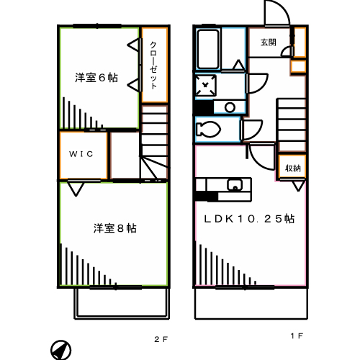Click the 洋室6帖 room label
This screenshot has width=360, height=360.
(96, 78)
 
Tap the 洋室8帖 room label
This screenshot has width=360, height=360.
(114, 228)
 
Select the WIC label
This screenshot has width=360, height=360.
(81, 154)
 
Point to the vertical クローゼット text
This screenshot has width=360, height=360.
(153, 65)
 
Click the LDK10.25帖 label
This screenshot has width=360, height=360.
(248, 218)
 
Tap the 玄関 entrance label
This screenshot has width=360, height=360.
(268, 42)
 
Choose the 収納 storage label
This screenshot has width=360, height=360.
(292, 168)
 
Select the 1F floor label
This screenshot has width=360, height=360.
(296, 336)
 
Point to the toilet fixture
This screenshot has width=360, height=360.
(210, 130)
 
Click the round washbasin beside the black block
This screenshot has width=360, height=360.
(230, 108)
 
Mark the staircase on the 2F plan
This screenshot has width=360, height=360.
(153, 144)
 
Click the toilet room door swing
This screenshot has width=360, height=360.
(252, 131)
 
